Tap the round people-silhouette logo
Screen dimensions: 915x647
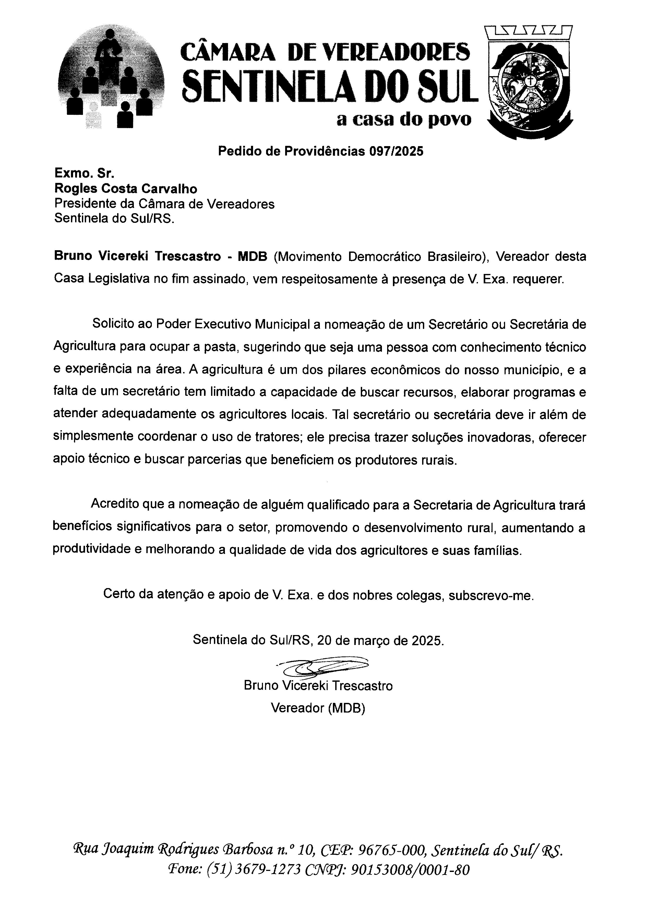point(111,76)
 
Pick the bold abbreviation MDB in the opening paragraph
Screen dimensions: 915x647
point(252,256)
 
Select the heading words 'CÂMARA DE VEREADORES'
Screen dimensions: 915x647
point(325,52)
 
